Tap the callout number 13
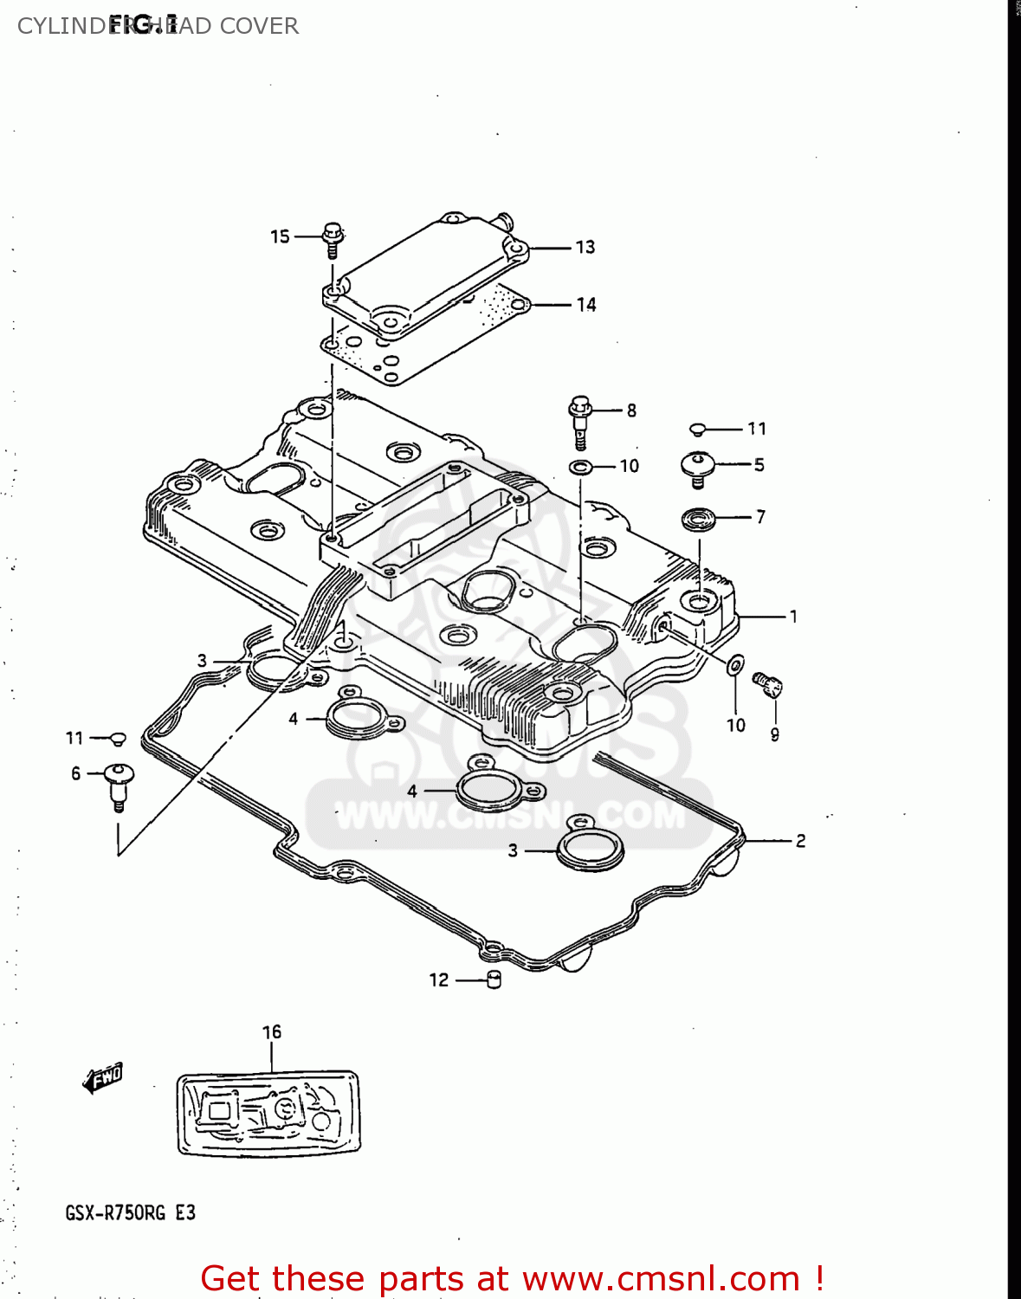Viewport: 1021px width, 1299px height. (x=585, y=248)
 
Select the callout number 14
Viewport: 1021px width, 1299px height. (x=586, y=305)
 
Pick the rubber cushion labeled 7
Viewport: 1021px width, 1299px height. (x=698, y=520)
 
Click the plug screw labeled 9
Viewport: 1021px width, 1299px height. (x=768, y=684)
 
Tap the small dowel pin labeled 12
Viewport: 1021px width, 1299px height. (x=494, y=980)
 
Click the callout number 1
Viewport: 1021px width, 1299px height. (x=793, y=617)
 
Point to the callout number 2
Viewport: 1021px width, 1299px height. (x=801, y=841)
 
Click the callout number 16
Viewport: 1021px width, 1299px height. (x=272, y=1031)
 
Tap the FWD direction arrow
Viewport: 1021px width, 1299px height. (x=102, y=1078)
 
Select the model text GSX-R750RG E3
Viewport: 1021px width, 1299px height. (x=130, y=1212)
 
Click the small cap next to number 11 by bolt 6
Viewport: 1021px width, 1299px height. (x=119, y=739)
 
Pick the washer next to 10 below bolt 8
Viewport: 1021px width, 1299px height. (x=580, y=468)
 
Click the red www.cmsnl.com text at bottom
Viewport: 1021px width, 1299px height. (x=661, y=1278)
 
